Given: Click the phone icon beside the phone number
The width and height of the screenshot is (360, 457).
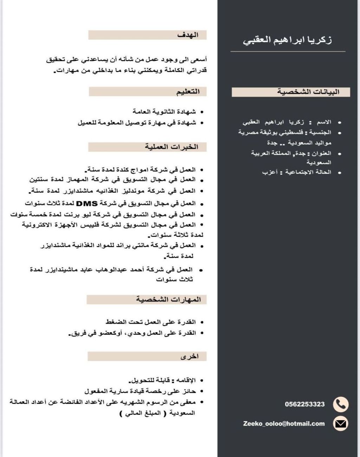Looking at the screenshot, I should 340,404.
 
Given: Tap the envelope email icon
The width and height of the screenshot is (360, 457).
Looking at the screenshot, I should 340,424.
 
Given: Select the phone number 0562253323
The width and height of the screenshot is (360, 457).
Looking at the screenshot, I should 304,404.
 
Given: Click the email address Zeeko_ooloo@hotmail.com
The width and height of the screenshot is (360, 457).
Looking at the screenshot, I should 284,424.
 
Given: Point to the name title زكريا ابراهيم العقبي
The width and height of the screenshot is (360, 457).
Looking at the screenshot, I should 287,40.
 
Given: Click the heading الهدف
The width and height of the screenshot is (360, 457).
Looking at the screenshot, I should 188,35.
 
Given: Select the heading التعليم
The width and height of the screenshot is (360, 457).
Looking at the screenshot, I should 188,92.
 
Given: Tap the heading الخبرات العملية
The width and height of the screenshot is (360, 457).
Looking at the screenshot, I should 172,147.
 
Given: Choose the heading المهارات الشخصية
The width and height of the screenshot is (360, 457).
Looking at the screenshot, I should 168,300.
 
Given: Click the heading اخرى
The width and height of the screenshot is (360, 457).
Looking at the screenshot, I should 189,356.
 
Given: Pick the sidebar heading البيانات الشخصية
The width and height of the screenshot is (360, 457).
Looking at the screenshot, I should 308,92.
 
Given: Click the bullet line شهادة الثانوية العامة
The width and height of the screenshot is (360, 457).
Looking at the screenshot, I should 164,112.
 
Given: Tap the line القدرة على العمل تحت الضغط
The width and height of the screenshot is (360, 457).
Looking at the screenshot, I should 150,322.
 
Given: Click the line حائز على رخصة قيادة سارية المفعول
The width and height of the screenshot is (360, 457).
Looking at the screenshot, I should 140,391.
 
